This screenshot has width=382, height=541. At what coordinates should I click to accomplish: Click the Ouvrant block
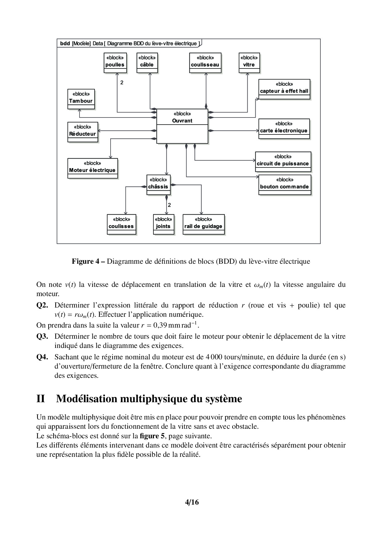(182, 126)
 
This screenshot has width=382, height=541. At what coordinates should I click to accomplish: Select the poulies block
(115, 63)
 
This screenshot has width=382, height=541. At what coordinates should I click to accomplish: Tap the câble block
(147, 63)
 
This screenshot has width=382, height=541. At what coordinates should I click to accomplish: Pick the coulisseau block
(205, 63)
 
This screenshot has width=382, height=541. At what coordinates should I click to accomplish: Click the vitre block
(249, 63)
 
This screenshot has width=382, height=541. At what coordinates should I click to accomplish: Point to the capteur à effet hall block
(284, 89)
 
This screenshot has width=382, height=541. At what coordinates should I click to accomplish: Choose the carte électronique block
(284, 129)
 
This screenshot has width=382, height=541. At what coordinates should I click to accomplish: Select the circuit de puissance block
(283, 162)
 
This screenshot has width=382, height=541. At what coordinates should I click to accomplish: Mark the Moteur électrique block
(92, 168)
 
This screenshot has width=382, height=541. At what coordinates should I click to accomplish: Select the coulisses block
(121, 224)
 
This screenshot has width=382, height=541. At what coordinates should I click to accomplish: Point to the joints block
(163, 224)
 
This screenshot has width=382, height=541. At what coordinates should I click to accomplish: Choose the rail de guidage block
(203, 224)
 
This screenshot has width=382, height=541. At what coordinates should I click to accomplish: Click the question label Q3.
(42, 336)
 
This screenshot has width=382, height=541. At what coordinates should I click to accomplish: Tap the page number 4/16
(192, 502)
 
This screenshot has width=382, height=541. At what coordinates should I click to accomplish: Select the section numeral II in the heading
(41, 399)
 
